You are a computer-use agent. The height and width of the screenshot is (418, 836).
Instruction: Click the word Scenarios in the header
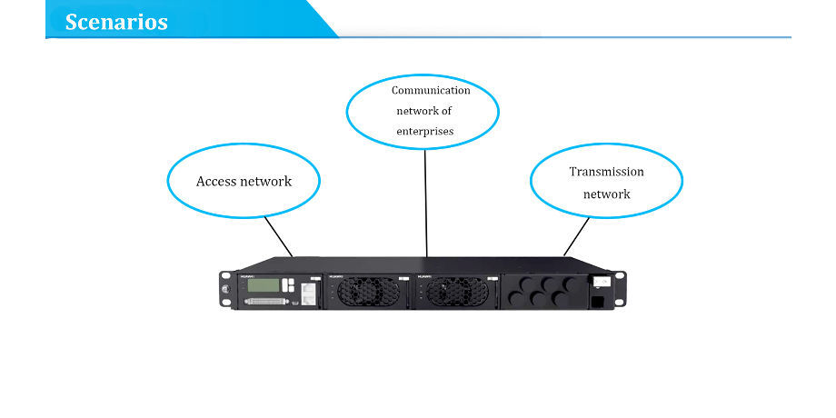116,22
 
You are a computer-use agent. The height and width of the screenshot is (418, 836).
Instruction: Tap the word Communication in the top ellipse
431,90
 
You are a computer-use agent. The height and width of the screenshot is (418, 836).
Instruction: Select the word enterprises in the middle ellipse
425,132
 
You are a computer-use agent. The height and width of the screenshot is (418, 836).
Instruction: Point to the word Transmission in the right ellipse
606,171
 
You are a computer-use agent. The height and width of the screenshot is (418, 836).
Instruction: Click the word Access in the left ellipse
216,181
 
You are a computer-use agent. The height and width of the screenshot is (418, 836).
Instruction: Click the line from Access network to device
278,235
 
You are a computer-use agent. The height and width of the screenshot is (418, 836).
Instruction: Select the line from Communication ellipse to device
426,200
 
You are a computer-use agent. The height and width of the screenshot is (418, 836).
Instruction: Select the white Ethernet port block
307,292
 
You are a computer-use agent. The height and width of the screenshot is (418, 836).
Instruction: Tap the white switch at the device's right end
600,283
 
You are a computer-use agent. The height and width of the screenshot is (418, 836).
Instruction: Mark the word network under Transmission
606,194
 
